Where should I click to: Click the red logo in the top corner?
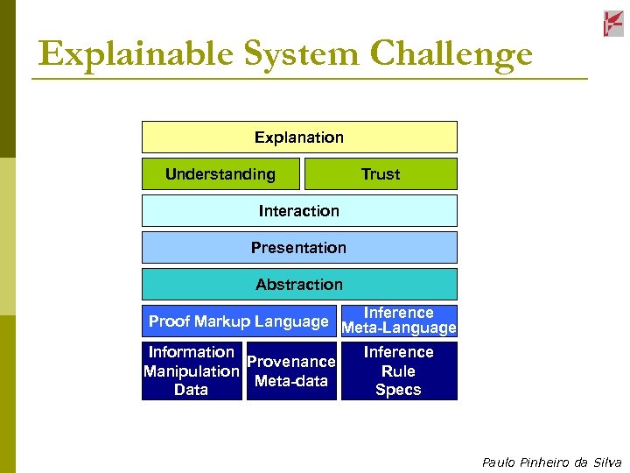[x=613, y=24]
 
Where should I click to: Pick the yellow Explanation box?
[x=299, y=138]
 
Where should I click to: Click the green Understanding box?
[x=220, y=174]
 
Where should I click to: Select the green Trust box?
[x=381, y=174]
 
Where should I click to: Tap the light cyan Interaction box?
[x=299, y=211]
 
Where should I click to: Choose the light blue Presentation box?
[x=299, y=248]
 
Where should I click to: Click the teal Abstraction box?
[x=299, y=285]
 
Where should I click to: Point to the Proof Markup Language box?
[x=239, y=321]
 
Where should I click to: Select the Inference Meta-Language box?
[x=399, y=321]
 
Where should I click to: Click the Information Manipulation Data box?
[x=192, y=371]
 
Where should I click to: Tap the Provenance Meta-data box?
[x=291, y=371]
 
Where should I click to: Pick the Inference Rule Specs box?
[x=399, y=371]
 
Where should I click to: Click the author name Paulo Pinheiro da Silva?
[x=551, y=462]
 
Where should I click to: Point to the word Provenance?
[x=291, y=362]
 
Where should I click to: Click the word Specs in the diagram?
[x=398, y=391]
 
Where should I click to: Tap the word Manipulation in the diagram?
[x=192, y=371]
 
